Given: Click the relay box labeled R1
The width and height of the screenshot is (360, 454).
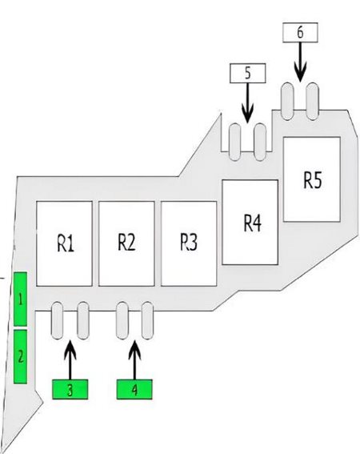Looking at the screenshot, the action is pos(64,243).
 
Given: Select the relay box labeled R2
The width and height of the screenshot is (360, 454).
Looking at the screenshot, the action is pos(126,243).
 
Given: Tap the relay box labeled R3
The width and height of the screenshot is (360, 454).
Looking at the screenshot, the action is pos(189,243).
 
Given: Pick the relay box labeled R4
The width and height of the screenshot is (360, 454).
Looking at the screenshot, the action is pos(250,222).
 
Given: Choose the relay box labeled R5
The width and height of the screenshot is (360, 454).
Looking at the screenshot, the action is pos(312,179).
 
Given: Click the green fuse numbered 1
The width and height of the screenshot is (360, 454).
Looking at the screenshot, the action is pos(20,299).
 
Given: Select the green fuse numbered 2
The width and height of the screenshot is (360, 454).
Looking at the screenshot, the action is pos(20,357).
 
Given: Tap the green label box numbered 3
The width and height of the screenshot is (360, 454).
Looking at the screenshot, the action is pos(70,389).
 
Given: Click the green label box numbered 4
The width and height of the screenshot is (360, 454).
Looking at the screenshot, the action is pos(134,389).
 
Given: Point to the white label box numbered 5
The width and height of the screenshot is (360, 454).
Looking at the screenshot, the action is pos(248,73).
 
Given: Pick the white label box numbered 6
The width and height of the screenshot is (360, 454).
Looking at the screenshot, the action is pos(300,32).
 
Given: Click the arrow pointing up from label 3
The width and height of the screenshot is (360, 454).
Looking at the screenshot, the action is pos(70,360).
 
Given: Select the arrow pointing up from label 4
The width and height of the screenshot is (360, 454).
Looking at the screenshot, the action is pos(134,360).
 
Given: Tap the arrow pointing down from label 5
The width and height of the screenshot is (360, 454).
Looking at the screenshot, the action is pos(247,102).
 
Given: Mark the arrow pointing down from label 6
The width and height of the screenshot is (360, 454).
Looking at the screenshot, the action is pos(300,62).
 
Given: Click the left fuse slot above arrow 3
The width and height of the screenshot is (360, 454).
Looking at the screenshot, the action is pos(57,320).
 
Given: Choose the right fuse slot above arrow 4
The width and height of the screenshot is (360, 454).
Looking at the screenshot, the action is pos(147,320).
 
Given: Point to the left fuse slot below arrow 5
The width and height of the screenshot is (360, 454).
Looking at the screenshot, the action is pos(234,142).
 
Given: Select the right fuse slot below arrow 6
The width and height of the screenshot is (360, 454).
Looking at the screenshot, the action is pos(313,101).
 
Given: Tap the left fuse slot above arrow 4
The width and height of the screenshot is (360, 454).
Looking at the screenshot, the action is pos(122,320).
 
